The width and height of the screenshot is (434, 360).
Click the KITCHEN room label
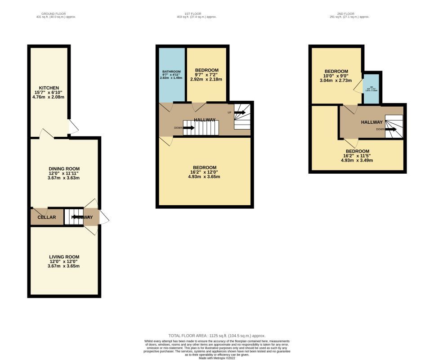(49, 88)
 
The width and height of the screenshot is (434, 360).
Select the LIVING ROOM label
(64, 257)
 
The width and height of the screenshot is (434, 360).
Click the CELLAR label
(47, 217)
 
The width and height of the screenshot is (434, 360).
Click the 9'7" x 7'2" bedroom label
(206, 71)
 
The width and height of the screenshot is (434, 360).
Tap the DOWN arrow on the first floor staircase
(188, 128)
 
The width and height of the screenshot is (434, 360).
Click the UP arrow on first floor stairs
(239, 112)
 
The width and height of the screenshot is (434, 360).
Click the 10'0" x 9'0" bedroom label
(336, 72)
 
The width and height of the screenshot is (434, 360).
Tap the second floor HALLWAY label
(371, 122)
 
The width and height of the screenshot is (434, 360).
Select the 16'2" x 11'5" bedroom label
(357, 152)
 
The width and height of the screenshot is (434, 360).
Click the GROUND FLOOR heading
(56, 13)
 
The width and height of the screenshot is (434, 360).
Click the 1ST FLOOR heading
(197, 13)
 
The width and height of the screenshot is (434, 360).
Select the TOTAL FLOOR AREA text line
(217, 336)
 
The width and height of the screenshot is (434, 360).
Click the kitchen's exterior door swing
(73, 127)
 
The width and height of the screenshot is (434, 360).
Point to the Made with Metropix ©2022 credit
(217, 358)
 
